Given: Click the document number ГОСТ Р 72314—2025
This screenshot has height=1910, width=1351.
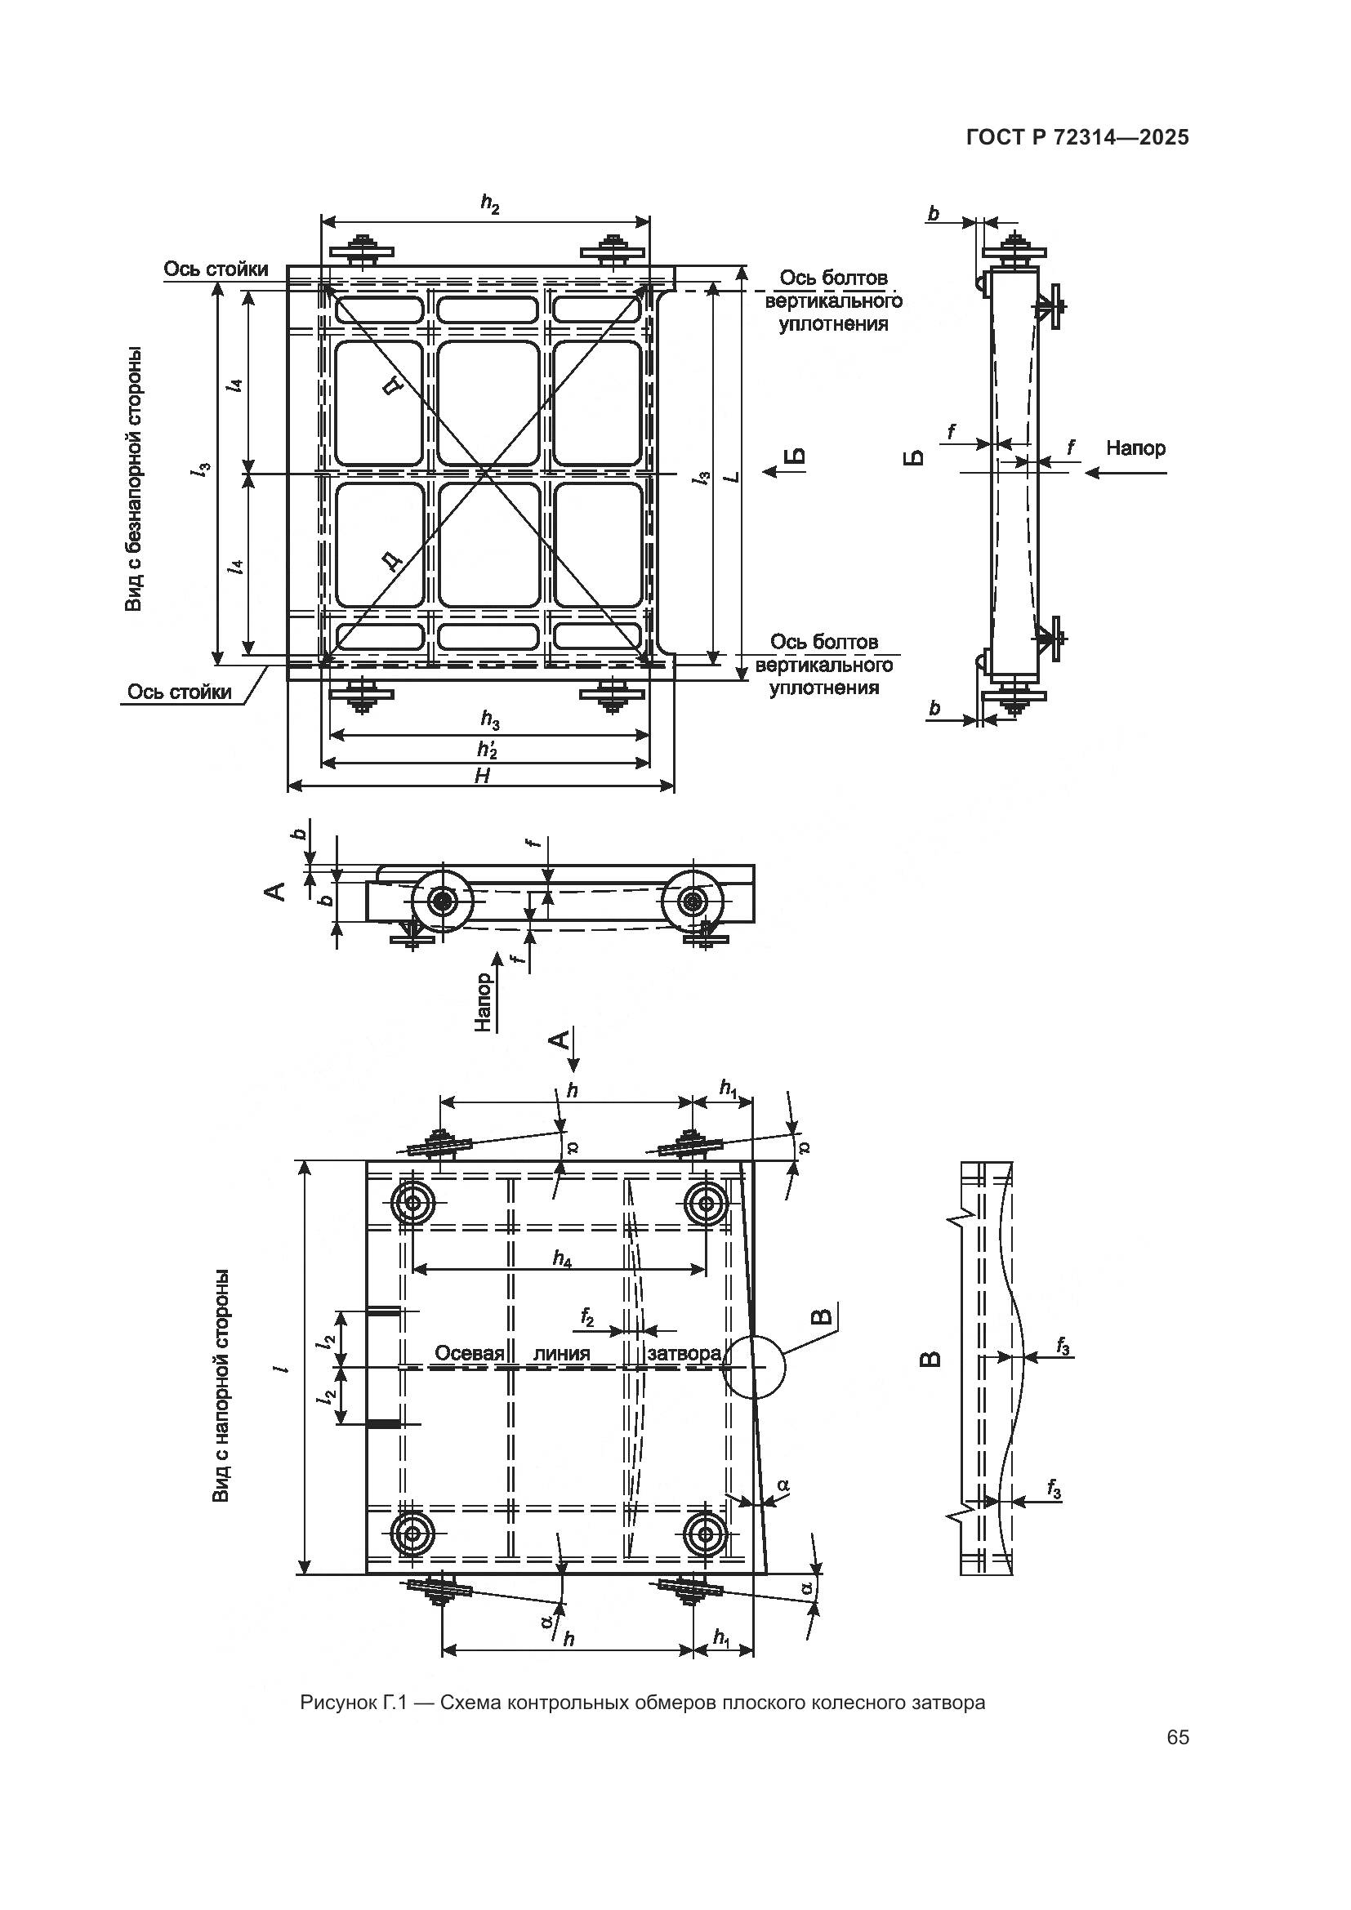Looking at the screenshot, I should pyautogui.click(x=1077, y=137).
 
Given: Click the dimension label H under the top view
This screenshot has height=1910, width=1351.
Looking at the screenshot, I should pyautogui.click(x=482, y=776).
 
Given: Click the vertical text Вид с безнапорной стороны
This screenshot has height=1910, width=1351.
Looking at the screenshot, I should pyautogui.click(x=133, y=479).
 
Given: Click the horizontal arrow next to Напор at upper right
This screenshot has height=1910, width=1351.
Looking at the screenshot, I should pyautogui.click(x=1127, y=473).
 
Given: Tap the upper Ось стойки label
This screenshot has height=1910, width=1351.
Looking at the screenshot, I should pyautogui.click(x=216, y=269).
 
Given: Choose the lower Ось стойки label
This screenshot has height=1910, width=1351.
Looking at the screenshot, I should pyautogui.click(x=180, y=692).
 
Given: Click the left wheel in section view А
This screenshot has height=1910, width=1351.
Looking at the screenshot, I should pyautogui.click(x=441, y=901).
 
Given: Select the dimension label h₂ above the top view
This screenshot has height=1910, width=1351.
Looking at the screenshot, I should pyautogui.click(x=490, y=205).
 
